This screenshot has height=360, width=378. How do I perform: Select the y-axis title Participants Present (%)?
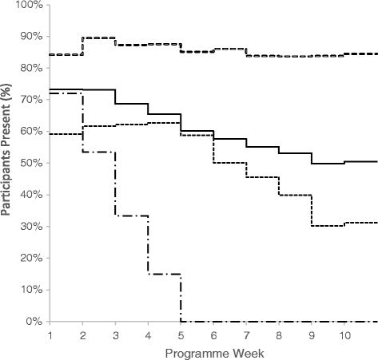(x=8, y=162)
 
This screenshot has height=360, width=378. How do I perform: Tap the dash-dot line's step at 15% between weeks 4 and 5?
(x=164, y=274)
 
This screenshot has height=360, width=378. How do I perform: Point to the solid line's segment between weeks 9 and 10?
(x=328, y=164)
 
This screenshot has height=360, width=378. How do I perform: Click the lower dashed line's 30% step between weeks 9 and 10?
(x=328, y=226)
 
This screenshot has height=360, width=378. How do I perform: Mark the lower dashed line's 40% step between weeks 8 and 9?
(x=295, y=195)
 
